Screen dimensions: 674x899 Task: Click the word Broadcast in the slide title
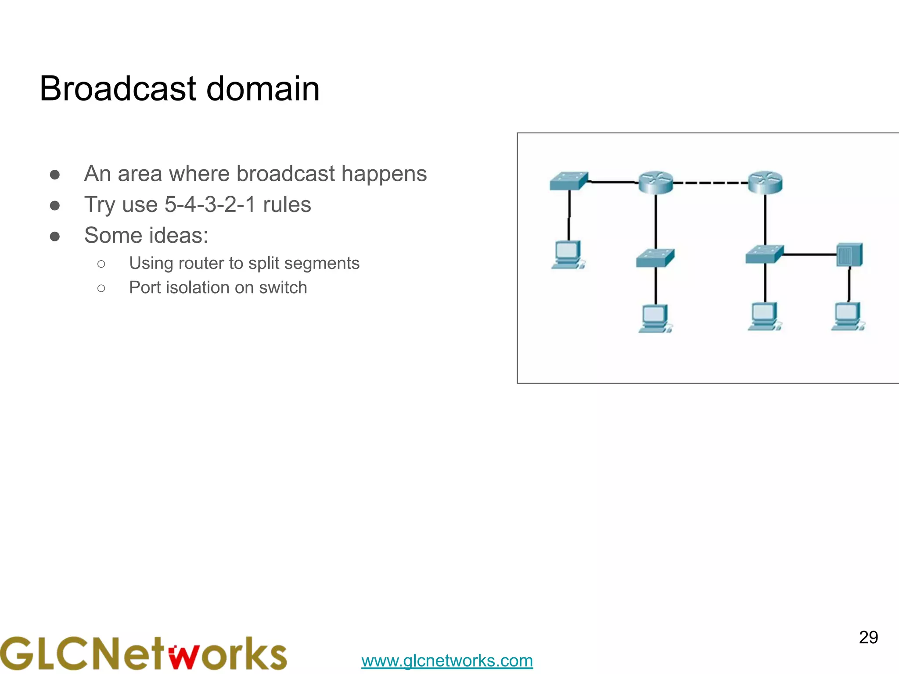[x=118, y=89]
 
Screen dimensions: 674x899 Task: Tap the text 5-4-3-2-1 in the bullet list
[x=210, y=204]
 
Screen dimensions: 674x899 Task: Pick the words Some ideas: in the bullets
[x=146, y=235]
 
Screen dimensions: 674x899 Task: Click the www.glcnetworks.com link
[x=447, y=660]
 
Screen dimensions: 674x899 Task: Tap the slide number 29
[x=868, y=637]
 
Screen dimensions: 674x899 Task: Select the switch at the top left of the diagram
[x=568, y=181]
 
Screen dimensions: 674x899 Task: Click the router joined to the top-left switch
[x=656, y=182]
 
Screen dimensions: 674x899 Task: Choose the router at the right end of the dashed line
[x=765, y=182]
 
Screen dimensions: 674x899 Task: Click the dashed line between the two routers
[x=710, y=183]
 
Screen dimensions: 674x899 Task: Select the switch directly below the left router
[x=655, y=258]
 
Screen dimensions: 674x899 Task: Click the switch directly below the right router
[x=764, y=255]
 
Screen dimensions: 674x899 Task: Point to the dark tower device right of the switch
[x=849, y=255]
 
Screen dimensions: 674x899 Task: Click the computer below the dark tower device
[x=848, y=316]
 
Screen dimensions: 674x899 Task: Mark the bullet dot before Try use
[x=55, y=205]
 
